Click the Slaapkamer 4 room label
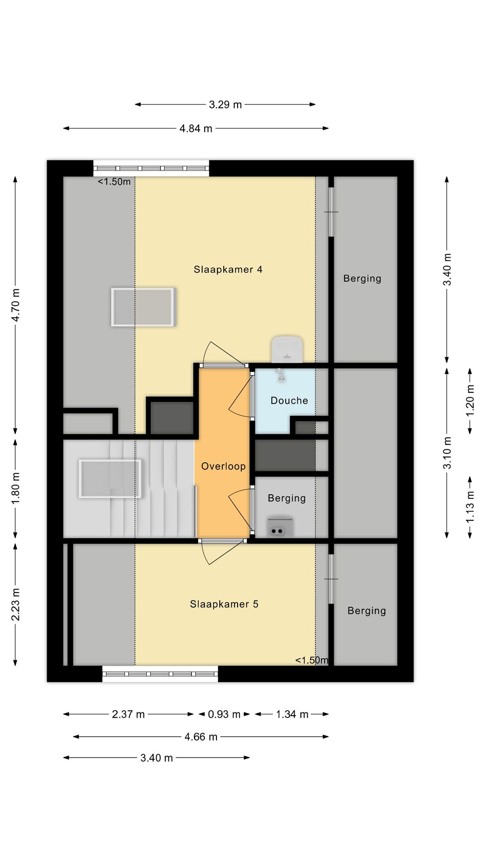tap(228, 269)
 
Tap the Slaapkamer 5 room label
tap(224, 604)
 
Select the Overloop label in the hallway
tap(223, 466)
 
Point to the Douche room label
tap(289, 400)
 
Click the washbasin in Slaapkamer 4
tap(287, 349)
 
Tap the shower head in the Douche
tap(281, 375)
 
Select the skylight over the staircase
tap(110, 479)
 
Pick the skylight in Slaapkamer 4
tap(143, 307)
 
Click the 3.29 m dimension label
tap(225, 105)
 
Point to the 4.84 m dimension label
tap(196, 128)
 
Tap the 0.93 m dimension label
tap(224, 714)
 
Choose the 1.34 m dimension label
tap(292, 714)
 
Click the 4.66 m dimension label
tap(201, 737)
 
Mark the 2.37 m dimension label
tap(128, 714)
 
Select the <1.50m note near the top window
tap(115, 182)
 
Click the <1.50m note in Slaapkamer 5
tap(312, 660)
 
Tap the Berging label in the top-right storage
tap(362, 278)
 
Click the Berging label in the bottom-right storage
tap(367, 611)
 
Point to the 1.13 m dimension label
tap(470, 507)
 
